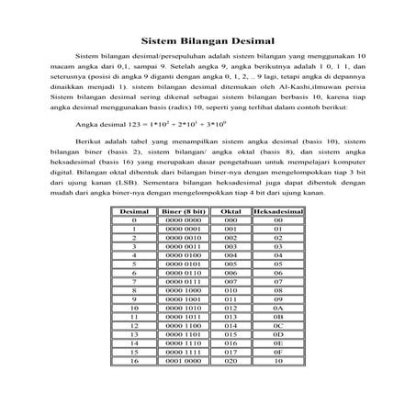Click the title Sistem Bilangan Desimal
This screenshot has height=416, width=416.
208,40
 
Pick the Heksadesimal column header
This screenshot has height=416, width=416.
277,211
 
